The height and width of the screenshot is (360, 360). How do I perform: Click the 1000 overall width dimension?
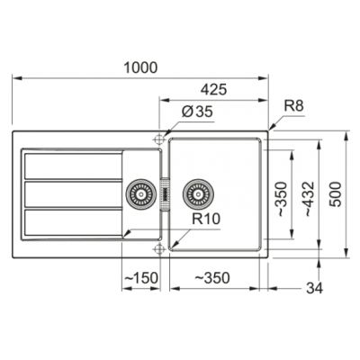(x=141, y=68)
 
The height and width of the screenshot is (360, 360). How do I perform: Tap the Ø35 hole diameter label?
(x=193, y=112)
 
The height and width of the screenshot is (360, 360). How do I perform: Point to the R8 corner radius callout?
(x=293, y=106)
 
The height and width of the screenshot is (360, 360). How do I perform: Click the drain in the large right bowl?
(x=196, y=193)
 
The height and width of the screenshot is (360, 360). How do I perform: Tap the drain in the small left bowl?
(x=139, y=193)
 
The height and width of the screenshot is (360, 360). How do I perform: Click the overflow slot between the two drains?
(x=166, y=193)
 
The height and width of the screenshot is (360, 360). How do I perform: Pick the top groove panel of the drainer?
(x=72, y=165)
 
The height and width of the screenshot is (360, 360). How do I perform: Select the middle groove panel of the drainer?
(x=72, y=193)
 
